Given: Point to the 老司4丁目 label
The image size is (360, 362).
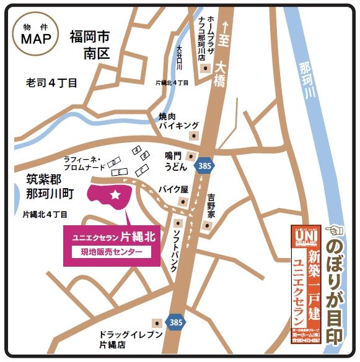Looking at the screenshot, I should (51, 82).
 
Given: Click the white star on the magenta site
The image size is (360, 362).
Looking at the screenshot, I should (115, 195).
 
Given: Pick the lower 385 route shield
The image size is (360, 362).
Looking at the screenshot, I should (176, 322).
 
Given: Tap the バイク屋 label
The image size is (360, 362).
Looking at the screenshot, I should (172, 189).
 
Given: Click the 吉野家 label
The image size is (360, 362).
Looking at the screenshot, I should (212, 204).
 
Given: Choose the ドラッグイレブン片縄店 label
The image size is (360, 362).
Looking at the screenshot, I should (129, 340).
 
